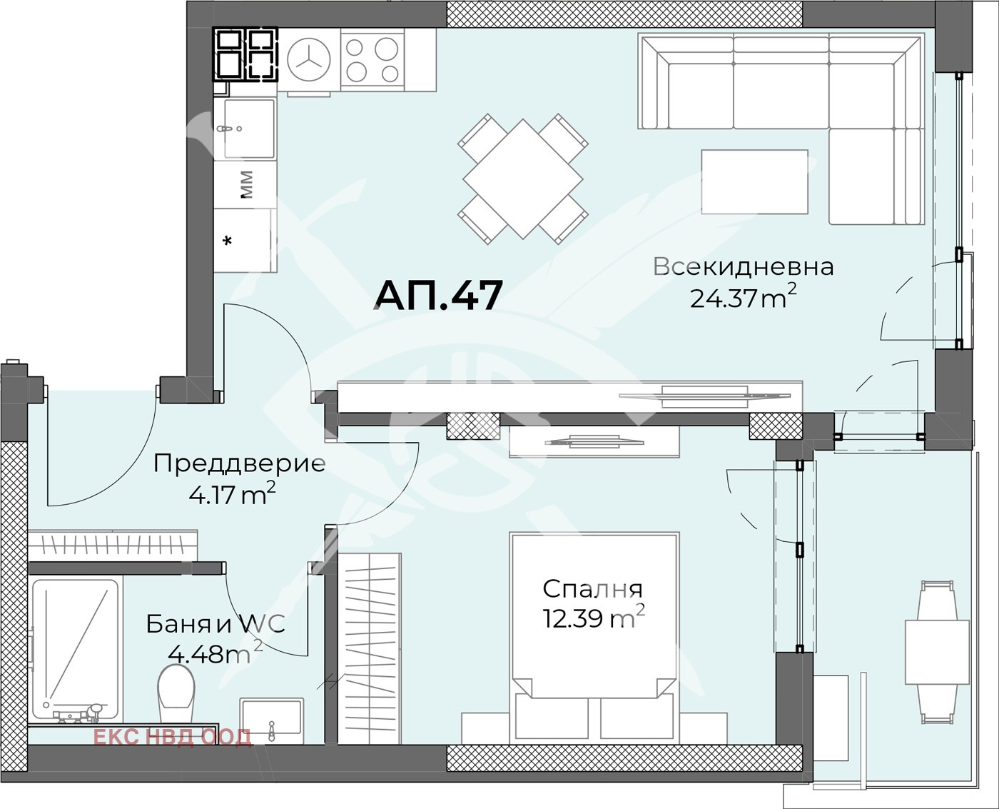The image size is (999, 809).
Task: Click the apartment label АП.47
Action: [x=438, y=295]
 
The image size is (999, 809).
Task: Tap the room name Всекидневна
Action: [x=744, y=266]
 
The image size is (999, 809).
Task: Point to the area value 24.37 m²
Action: [x=743, y=296]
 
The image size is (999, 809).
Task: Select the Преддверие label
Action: [x=239, y=463]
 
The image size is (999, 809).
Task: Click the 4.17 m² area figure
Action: [x=232, y=493]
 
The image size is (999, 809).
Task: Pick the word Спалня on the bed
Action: [x=592, y=589]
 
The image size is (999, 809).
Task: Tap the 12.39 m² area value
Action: [x=593, y=617]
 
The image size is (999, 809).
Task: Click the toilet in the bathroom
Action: [x=176, y=693]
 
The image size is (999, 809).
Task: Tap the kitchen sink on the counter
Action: [x=248, y=128]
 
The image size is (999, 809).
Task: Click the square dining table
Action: [x=523, y=179]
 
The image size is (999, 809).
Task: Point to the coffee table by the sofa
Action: [x=754, y=181]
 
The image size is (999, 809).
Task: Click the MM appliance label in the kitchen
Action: [x=246, y=184]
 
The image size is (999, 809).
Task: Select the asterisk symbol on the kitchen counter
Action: [x=228, y=241]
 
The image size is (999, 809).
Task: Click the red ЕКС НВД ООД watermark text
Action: [x=172, y=737]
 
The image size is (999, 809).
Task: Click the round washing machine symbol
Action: [x=309, y=60]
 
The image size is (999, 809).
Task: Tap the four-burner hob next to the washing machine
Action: [x=372, y=61]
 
